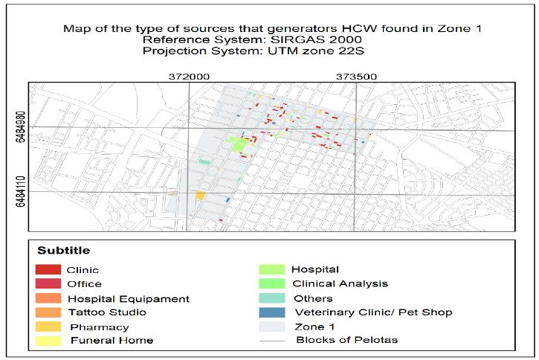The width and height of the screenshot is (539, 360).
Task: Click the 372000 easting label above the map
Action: [x=189, y=76]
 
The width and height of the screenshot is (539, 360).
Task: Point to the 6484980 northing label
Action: [x=19, y=128]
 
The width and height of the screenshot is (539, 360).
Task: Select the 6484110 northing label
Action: [x=19, y=192]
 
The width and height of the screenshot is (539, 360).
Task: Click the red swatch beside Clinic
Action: [x=48, y=270]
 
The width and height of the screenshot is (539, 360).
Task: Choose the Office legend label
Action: [x=84, y=283]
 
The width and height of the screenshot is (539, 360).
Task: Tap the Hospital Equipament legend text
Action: [x=128, y=298]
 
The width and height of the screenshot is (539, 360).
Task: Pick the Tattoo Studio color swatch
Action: [x=48, y=312]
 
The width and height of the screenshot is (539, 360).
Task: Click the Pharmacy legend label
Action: [x=100, y=327]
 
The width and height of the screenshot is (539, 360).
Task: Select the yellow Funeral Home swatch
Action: [x=48, y=341]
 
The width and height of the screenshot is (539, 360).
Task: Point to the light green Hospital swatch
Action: [x=272, y=269]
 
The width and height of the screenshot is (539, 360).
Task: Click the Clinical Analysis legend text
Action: [x=340, y=283]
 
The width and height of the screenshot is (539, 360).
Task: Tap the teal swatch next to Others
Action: [x=272, y=298]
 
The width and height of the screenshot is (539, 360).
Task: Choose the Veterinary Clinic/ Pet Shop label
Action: [x=373, y=312]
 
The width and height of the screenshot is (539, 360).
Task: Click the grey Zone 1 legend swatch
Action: [x=272, y=327]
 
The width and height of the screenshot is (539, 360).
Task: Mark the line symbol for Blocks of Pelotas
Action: [x=272, y=341]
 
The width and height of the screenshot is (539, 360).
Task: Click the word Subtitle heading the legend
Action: [x=64, y=251]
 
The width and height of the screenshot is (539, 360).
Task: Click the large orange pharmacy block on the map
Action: [x=200, y=195]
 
